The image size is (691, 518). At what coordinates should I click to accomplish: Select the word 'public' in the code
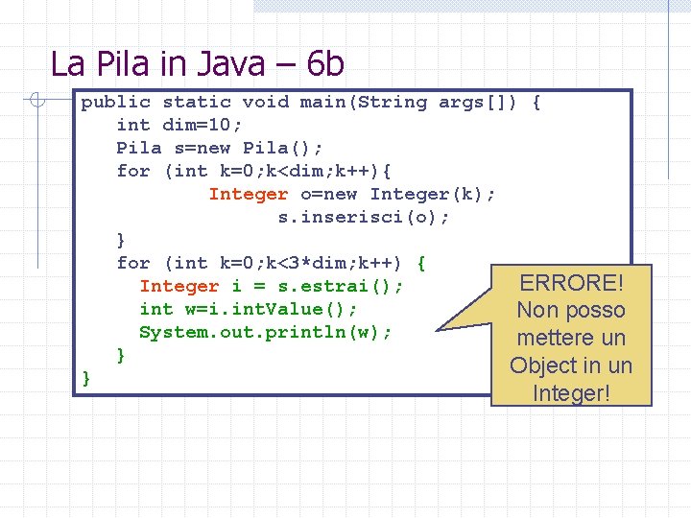[115, 102]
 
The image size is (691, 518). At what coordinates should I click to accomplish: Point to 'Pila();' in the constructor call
[283, 148]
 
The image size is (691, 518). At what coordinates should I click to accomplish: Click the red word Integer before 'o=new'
[248, 194]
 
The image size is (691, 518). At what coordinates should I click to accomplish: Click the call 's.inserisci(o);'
[364, 217]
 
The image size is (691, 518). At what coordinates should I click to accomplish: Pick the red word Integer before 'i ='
[179, 286]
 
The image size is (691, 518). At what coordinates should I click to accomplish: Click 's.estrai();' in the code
[341, 286]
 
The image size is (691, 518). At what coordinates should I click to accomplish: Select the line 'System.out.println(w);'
[266, 332]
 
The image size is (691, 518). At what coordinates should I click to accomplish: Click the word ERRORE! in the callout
[571, 283]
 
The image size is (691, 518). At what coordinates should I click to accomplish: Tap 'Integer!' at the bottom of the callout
[571, 392]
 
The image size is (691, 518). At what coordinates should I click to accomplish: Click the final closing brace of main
[86, 378]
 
